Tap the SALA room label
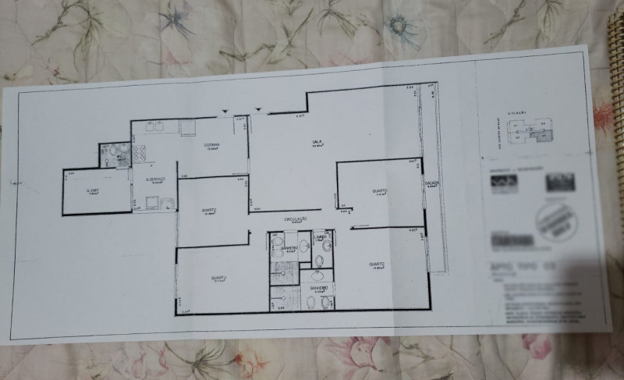click(317, 142)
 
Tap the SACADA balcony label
click(432, 183)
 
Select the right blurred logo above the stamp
click(559, 182)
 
